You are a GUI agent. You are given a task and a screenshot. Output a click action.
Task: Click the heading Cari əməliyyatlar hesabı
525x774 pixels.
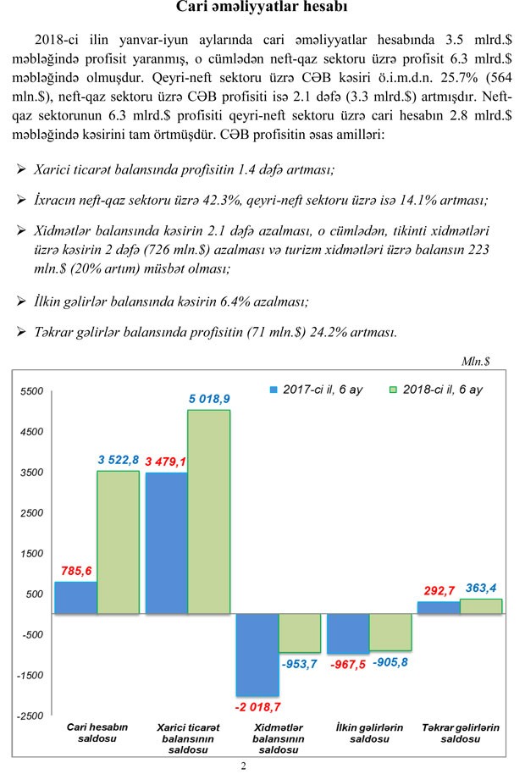(262, 9)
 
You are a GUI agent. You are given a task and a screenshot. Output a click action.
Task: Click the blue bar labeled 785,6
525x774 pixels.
(75, 597)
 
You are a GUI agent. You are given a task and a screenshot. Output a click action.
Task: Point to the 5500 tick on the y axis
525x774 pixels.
(31, 392)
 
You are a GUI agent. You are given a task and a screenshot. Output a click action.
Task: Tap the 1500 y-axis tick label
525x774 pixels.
(31, 554)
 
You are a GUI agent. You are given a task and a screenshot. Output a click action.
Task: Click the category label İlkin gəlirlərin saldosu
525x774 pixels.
(369, 733)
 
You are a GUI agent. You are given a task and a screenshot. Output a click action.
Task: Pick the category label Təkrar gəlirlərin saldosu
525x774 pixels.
(461, 733)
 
